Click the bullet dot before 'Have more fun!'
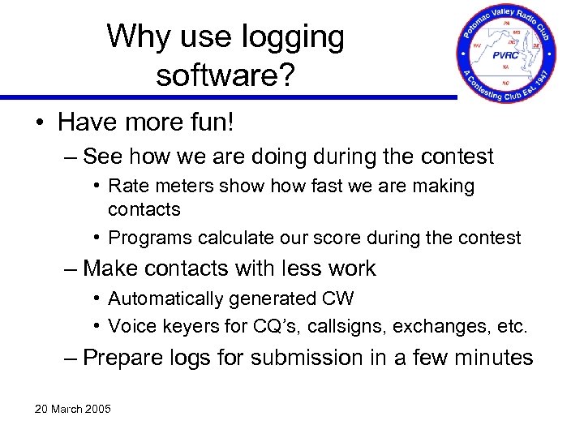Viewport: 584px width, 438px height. point(40,122)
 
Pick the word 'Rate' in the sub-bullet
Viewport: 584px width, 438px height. point(128,187)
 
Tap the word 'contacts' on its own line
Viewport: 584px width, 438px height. point(144,209)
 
